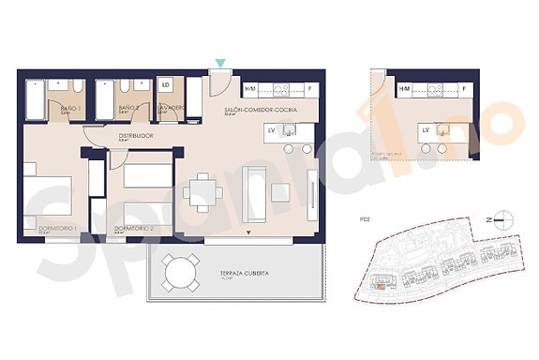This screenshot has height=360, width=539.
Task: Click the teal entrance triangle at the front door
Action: (219, 63)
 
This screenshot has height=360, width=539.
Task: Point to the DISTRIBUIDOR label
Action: (136, 136)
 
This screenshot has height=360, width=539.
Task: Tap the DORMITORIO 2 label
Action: (134, 228)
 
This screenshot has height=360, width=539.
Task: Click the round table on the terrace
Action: (179, 273)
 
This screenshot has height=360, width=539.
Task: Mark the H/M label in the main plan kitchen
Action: (250, 89)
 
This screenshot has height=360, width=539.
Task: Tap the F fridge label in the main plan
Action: (308, 89)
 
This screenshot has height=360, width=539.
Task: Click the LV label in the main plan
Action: (271, 130)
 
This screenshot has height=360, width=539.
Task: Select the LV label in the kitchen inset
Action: (426, 129)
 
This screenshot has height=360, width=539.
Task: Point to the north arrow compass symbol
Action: (500, 221)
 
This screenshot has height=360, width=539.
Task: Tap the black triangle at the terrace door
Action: (247, 232)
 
